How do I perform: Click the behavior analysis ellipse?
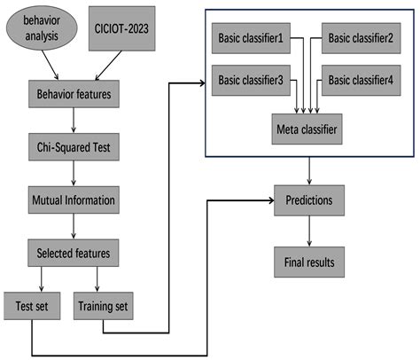[44, 27]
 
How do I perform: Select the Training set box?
[104, 308]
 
